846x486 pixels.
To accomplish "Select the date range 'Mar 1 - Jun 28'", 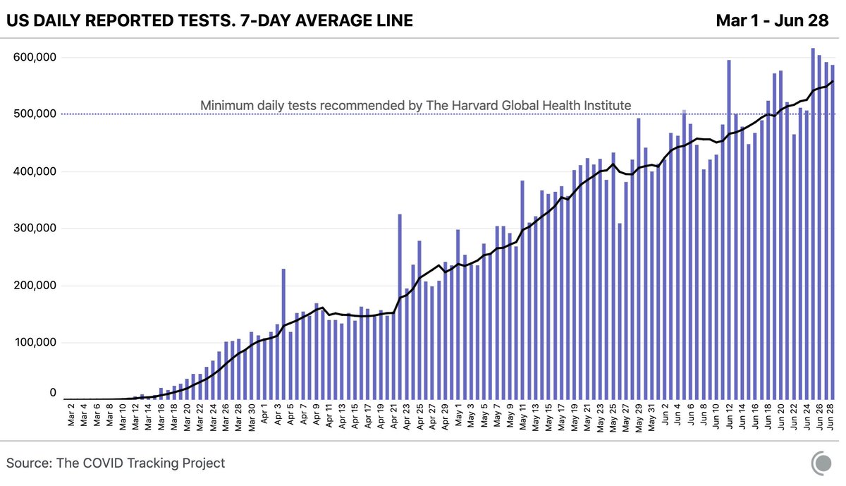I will (x=771, y=21).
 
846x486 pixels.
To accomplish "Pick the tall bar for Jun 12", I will (x=728, y=230).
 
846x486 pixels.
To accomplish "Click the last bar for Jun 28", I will (x=832, y=232).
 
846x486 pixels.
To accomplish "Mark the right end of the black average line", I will (x=833, y=82).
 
